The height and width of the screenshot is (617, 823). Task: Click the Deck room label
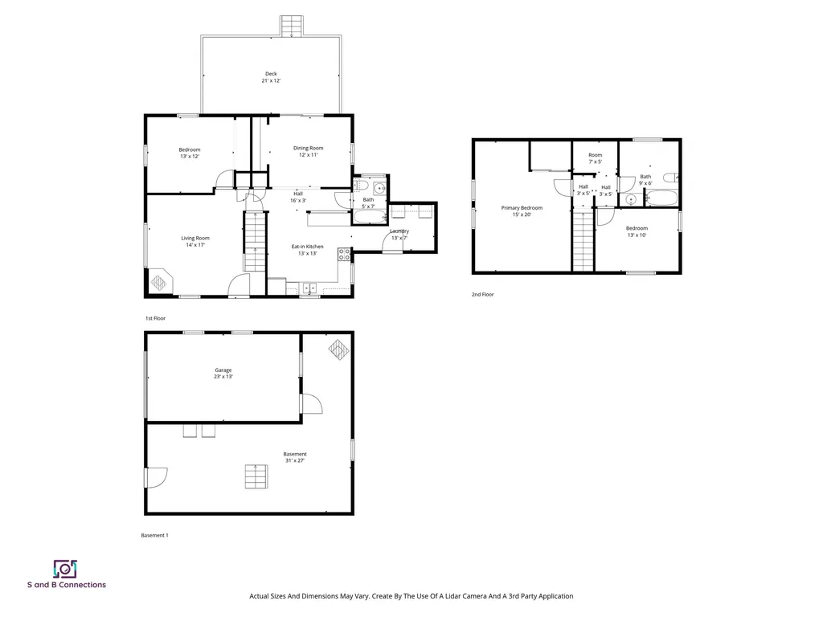pos(271,77)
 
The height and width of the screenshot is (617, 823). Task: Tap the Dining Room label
pos(308,151)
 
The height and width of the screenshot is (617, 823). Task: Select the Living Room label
pos(195,241)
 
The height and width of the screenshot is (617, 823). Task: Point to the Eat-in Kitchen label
pos(308,250)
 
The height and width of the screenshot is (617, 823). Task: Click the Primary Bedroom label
pos(522,211)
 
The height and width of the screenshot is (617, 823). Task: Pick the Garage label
pos(223,373)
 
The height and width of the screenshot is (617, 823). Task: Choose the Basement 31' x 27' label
pos(295,457)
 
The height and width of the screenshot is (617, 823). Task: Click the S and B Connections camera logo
pos(65,569)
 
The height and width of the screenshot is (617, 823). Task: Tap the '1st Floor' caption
pos(155,318)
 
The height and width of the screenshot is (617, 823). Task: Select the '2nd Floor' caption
pos(482,294)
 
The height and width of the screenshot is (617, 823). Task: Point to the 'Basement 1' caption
pos(155,535)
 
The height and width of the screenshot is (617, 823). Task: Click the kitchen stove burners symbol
pos(344,255)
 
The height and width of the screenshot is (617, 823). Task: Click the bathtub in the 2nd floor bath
pos(661,198)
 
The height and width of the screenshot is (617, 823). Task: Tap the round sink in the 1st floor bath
pos(379,188)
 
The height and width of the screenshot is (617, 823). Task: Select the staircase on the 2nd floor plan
pos(583,241)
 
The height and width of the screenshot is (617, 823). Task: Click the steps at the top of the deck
pos(291,27)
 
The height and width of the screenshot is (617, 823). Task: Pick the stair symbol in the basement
pos(256,476)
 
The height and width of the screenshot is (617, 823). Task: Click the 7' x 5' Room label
pos(596,158)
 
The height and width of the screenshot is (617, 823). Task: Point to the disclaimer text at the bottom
pos(411,596)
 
